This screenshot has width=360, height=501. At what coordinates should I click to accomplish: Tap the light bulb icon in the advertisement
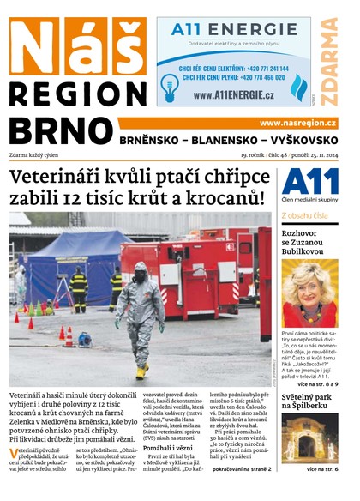point(169,83)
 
